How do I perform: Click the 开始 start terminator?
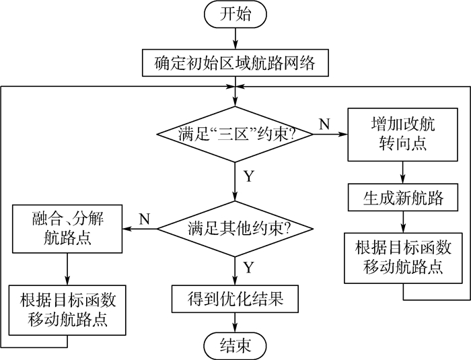tap(235, 14)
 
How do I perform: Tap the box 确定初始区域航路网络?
tap(235, 65)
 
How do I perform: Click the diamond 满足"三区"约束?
tap(235, 133)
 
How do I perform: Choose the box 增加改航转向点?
tap(402, 135)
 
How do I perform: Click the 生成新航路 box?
tap(402, 199)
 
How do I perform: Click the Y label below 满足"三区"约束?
tap(248, 177)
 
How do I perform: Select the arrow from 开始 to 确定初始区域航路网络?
tap(235, 38)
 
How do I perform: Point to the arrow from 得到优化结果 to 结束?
tap(235, 322)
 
